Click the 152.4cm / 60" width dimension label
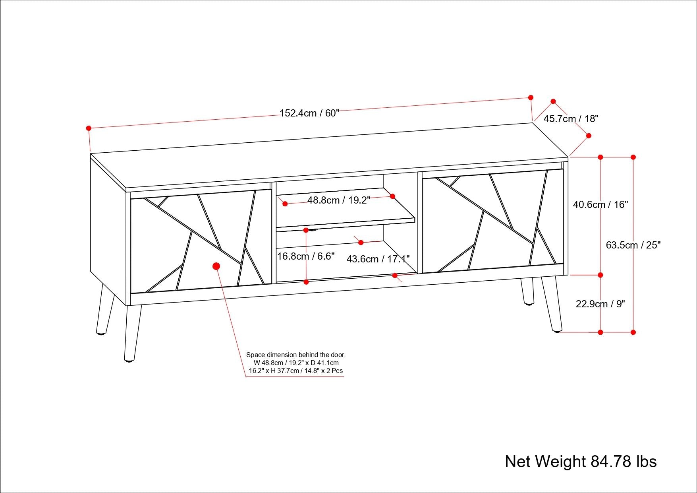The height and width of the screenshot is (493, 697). pos(309,113)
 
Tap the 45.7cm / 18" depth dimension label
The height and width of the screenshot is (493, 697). pos(571,118)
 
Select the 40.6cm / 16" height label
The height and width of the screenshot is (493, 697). pos(600,204)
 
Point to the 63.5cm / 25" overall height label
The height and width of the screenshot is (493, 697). pos(633,245)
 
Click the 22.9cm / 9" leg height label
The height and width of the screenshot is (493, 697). pos(600,304)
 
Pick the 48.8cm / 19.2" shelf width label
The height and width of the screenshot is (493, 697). pos(338,200)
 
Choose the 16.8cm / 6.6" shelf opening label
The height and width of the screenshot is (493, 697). pos(305,256)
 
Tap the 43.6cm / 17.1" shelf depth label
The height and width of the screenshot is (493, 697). pos(378,259)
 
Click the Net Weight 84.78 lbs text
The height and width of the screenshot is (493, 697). pos(581,462)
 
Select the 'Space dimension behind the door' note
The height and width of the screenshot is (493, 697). pos(295,363)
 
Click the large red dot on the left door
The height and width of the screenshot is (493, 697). pos(216,266)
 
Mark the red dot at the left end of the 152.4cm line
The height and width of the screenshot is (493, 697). pos(89,128)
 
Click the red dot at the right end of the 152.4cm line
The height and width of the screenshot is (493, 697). pos(531,97)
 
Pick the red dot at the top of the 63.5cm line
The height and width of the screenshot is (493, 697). pos(633,157)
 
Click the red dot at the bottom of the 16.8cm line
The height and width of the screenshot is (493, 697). pos(306,282)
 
